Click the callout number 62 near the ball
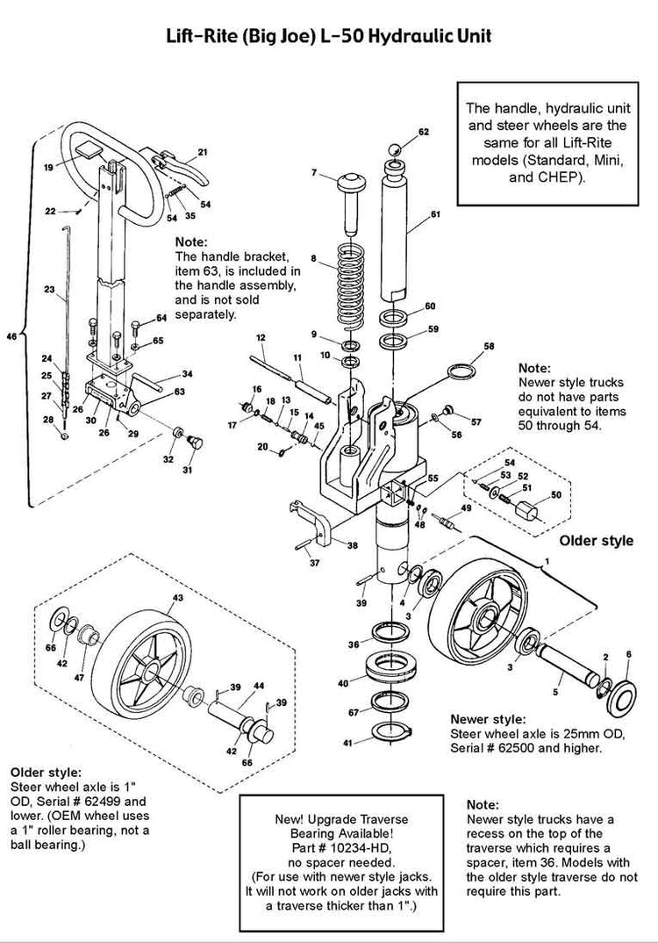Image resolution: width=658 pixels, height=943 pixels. tap(424, 132)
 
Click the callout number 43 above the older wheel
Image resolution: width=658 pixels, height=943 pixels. tap(177, 597)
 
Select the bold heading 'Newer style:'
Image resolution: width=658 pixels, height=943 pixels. tap(488, 717)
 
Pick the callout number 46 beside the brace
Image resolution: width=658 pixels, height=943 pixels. tap(11, 335)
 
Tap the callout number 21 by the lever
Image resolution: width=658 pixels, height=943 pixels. tap(203, 152)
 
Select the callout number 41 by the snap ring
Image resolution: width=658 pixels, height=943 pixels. tap(347, 743)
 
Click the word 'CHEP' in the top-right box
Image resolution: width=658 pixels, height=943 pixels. tap(548, 175)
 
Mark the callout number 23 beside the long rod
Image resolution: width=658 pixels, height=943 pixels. tap(48, 289)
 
